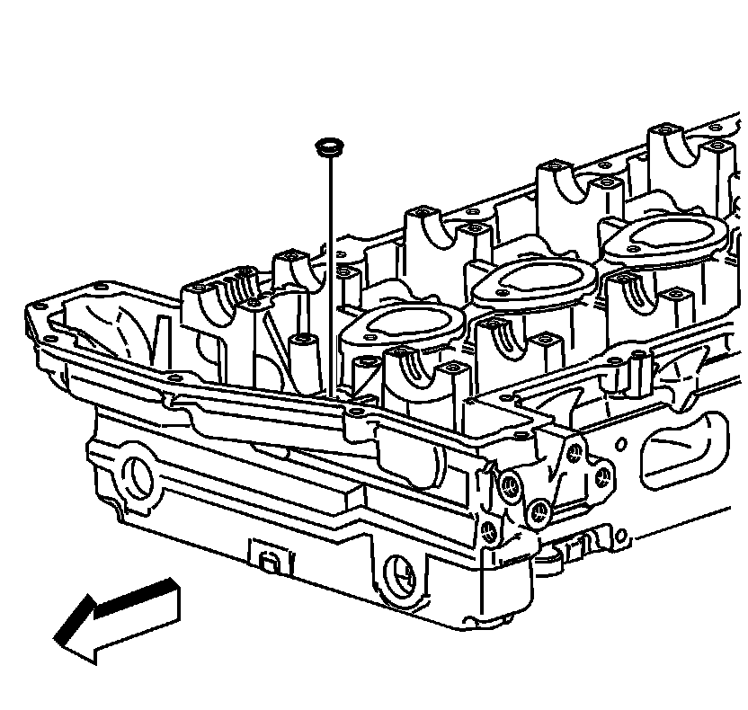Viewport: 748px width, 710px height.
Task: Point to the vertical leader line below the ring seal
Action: pyautogui.click(x=333, y=270)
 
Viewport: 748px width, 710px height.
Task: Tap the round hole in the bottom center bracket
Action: pyautogui.click(x=397, y=571)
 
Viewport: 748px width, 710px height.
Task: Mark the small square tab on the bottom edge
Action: pyautogui.click(x=267, y=561)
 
